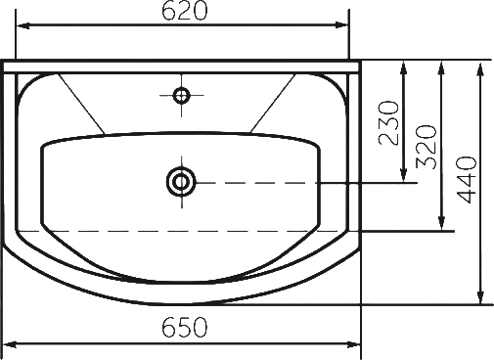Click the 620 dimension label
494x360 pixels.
[x=184, y=11]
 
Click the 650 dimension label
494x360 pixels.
[x=184, y=327]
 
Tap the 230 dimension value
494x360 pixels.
[x=389, y=122]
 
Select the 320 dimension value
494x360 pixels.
[x=427, y=147]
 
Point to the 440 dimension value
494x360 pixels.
[x=467, y=180]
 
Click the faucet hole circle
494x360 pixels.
[x=182, y=96]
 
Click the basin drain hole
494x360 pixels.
[x=181, y=182]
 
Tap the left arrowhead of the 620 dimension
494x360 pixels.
[x=23, y=25]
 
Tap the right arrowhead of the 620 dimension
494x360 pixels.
[x=341, y=25]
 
